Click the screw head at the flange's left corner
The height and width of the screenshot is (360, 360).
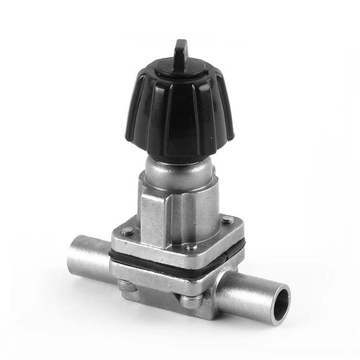coord(127,231)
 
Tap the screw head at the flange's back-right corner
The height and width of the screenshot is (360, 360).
coord(227,220)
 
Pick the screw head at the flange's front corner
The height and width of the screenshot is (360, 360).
coord(191,247)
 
